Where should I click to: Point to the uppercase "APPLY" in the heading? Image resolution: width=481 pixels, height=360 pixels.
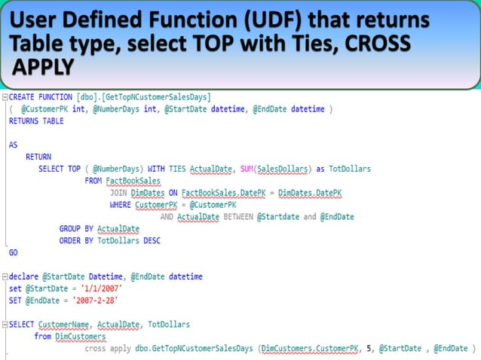(x=44, y=68)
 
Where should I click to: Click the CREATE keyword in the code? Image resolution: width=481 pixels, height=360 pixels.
(x=23, y=96)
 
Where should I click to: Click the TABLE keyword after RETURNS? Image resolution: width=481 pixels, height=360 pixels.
(x=53, y=121)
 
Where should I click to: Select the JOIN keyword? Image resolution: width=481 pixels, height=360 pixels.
(x=118, y=193)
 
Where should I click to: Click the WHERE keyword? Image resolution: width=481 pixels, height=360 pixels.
(x=120, y=205)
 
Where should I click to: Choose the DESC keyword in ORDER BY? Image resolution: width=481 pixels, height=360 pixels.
(x=149, y=241)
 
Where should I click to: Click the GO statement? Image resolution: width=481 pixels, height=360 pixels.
(x=13, y=253)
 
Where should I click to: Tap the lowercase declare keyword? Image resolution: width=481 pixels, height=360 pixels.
(x=24, y=276)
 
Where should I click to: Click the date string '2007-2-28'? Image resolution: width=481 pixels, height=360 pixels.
(x=95, y=301)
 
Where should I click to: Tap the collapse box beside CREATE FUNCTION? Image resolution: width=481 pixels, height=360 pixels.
(x=4, y=96)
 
